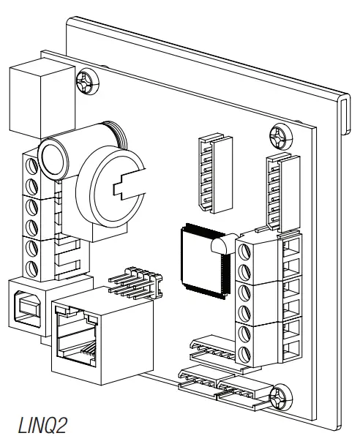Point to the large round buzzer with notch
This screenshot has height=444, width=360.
pos(111,186)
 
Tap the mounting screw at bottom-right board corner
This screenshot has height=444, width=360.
pos(279,398)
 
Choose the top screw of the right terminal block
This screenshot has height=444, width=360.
pos(246,251)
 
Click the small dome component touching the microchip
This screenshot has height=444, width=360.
pos(219,248)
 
